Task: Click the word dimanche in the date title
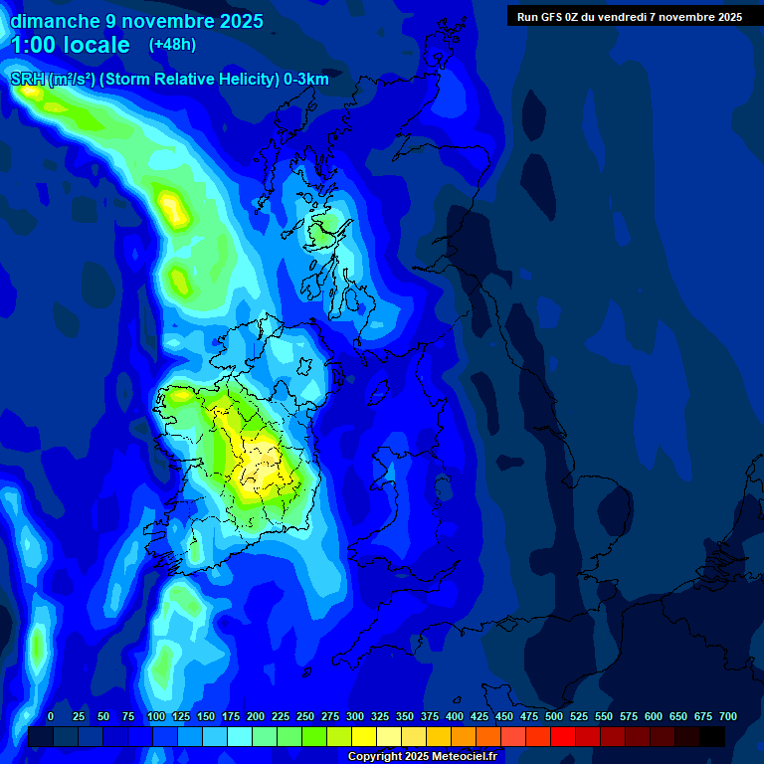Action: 55,21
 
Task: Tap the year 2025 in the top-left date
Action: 236,21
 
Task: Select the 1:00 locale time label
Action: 70,45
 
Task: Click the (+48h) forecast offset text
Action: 172,45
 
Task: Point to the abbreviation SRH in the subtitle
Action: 27,80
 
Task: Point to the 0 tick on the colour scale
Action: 51,716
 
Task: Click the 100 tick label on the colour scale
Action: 156,716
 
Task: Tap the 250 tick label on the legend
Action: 305,716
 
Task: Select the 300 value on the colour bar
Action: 355,716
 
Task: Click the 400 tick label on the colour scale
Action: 455,716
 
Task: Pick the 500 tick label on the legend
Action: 554,716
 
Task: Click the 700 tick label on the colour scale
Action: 728,716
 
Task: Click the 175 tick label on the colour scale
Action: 231,716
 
